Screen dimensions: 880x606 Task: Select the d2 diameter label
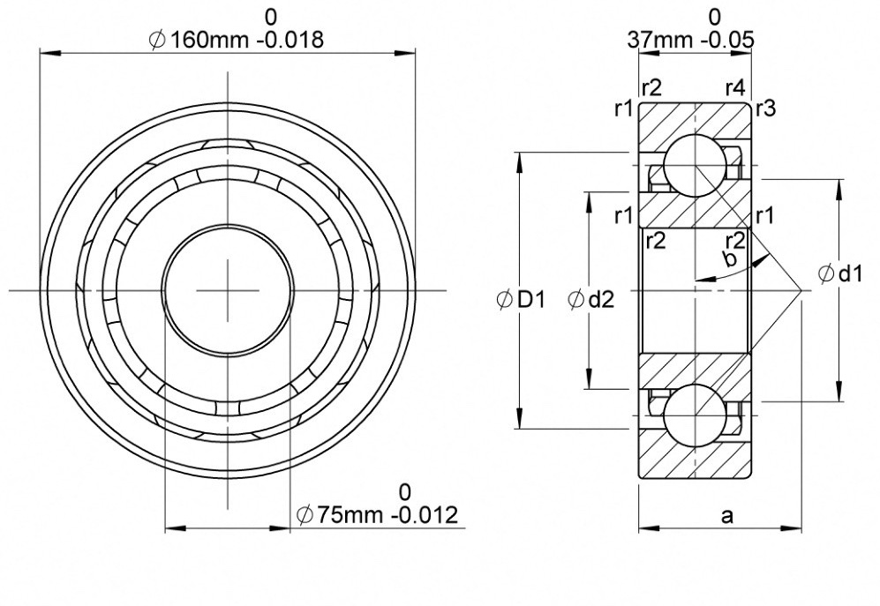(601, 300)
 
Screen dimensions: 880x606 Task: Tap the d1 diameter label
(850, 273)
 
